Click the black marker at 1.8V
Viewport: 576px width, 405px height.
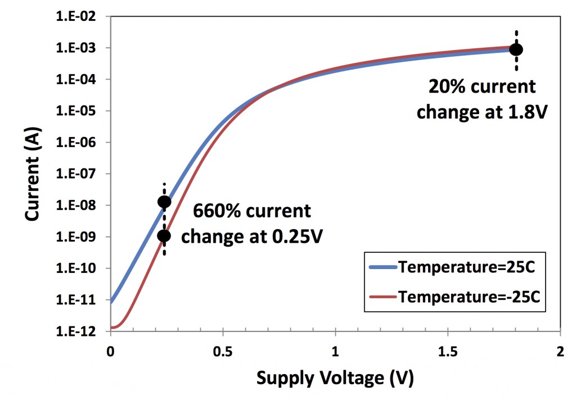click(516, 49)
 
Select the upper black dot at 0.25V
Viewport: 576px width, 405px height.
click(164, 202)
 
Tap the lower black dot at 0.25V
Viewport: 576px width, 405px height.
click(164, 236)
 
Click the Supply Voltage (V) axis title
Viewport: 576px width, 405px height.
click(335, 378)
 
